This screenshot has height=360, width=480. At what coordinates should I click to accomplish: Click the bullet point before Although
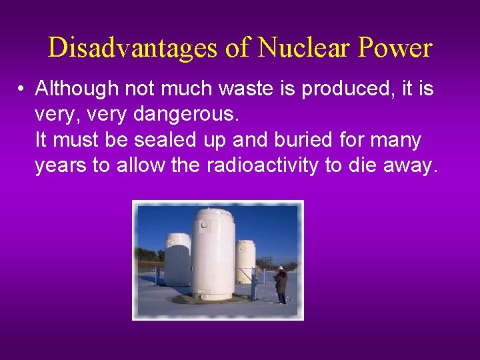(x=22, y=89)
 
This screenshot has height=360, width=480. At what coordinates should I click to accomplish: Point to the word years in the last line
(x=61, y=166)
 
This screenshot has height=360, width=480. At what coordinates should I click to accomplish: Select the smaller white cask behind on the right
(x=245, y=260)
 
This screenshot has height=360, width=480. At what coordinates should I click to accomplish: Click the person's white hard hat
(x=281, y=267)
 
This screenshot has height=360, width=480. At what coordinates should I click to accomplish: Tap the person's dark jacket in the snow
(x=282, y=281)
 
